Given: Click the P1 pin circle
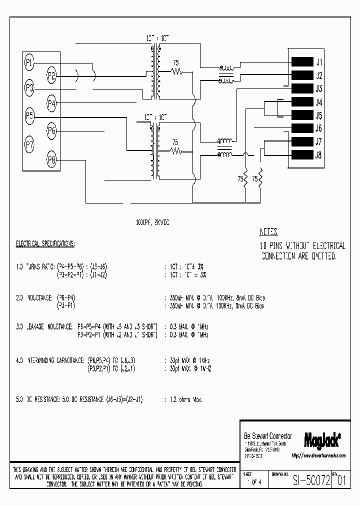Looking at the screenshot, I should click(29, 62).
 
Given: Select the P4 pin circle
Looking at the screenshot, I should click(51, 103).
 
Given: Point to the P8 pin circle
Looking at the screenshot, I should click(51, 160).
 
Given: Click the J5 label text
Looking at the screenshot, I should click(318, 115).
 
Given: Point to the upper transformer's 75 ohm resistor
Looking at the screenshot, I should click(175, 71).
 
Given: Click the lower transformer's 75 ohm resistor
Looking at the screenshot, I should click(175, 150).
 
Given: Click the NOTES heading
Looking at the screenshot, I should click(268, 232).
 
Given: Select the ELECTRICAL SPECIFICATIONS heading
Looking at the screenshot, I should click(45, 244).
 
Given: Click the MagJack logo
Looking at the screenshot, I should click(322, 439).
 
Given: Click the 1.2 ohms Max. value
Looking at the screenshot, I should click(183, 400).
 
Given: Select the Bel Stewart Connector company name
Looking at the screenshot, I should click(267, 436).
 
